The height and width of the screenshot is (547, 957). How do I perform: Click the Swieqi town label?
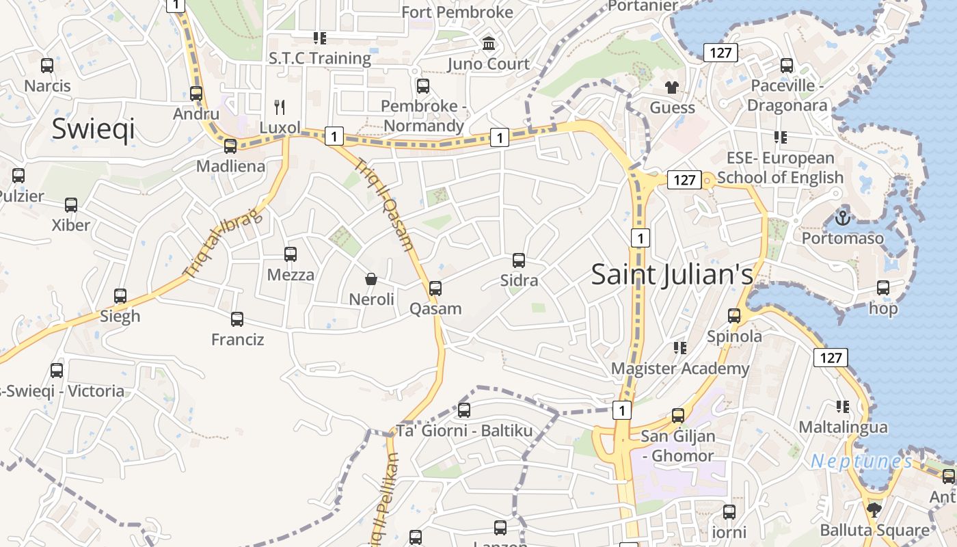[x=93, y=129]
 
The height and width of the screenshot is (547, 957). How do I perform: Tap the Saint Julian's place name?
[x=672, y=274]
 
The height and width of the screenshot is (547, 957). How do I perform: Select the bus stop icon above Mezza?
[x=291, y=254]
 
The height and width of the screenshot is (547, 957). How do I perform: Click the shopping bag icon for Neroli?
[x=371, y=279]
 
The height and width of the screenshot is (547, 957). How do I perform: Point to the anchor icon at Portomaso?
[x=843, y=218]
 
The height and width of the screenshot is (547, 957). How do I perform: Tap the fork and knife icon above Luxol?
[x=279, y=107]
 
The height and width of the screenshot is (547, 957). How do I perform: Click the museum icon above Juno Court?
[x=489, y=44]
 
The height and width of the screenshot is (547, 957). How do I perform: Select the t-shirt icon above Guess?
[x=672, y=88]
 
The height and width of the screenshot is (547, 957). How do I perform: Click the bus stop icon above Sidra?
[x=519, y=261]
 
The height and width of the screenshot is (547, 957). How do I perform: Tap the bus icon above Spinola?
[x=734, y=316]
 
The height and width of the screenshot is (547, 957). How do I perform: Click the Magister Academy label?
[x=680, y=369]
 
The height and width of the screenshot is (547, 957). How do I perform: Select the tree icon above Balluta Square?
[x=874, y=509]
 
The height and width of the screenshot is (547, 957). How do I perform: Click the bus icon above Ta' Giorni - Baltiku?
[x=464, y=410]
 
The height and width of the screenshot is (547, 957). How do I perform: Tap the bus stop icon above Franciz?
[x=237, y=319]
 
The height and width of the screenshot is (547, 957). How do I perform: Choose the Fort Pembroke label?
[x=457, y=12]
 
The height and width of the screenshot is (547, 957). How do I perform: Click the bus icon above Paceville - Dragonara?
[x=787, y=66]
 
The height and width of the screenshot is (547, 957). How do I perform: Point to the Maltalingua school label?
[x=844, y=427]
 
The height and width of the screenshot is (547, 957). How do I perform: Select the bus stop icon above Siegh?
[x=120, y=296]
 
